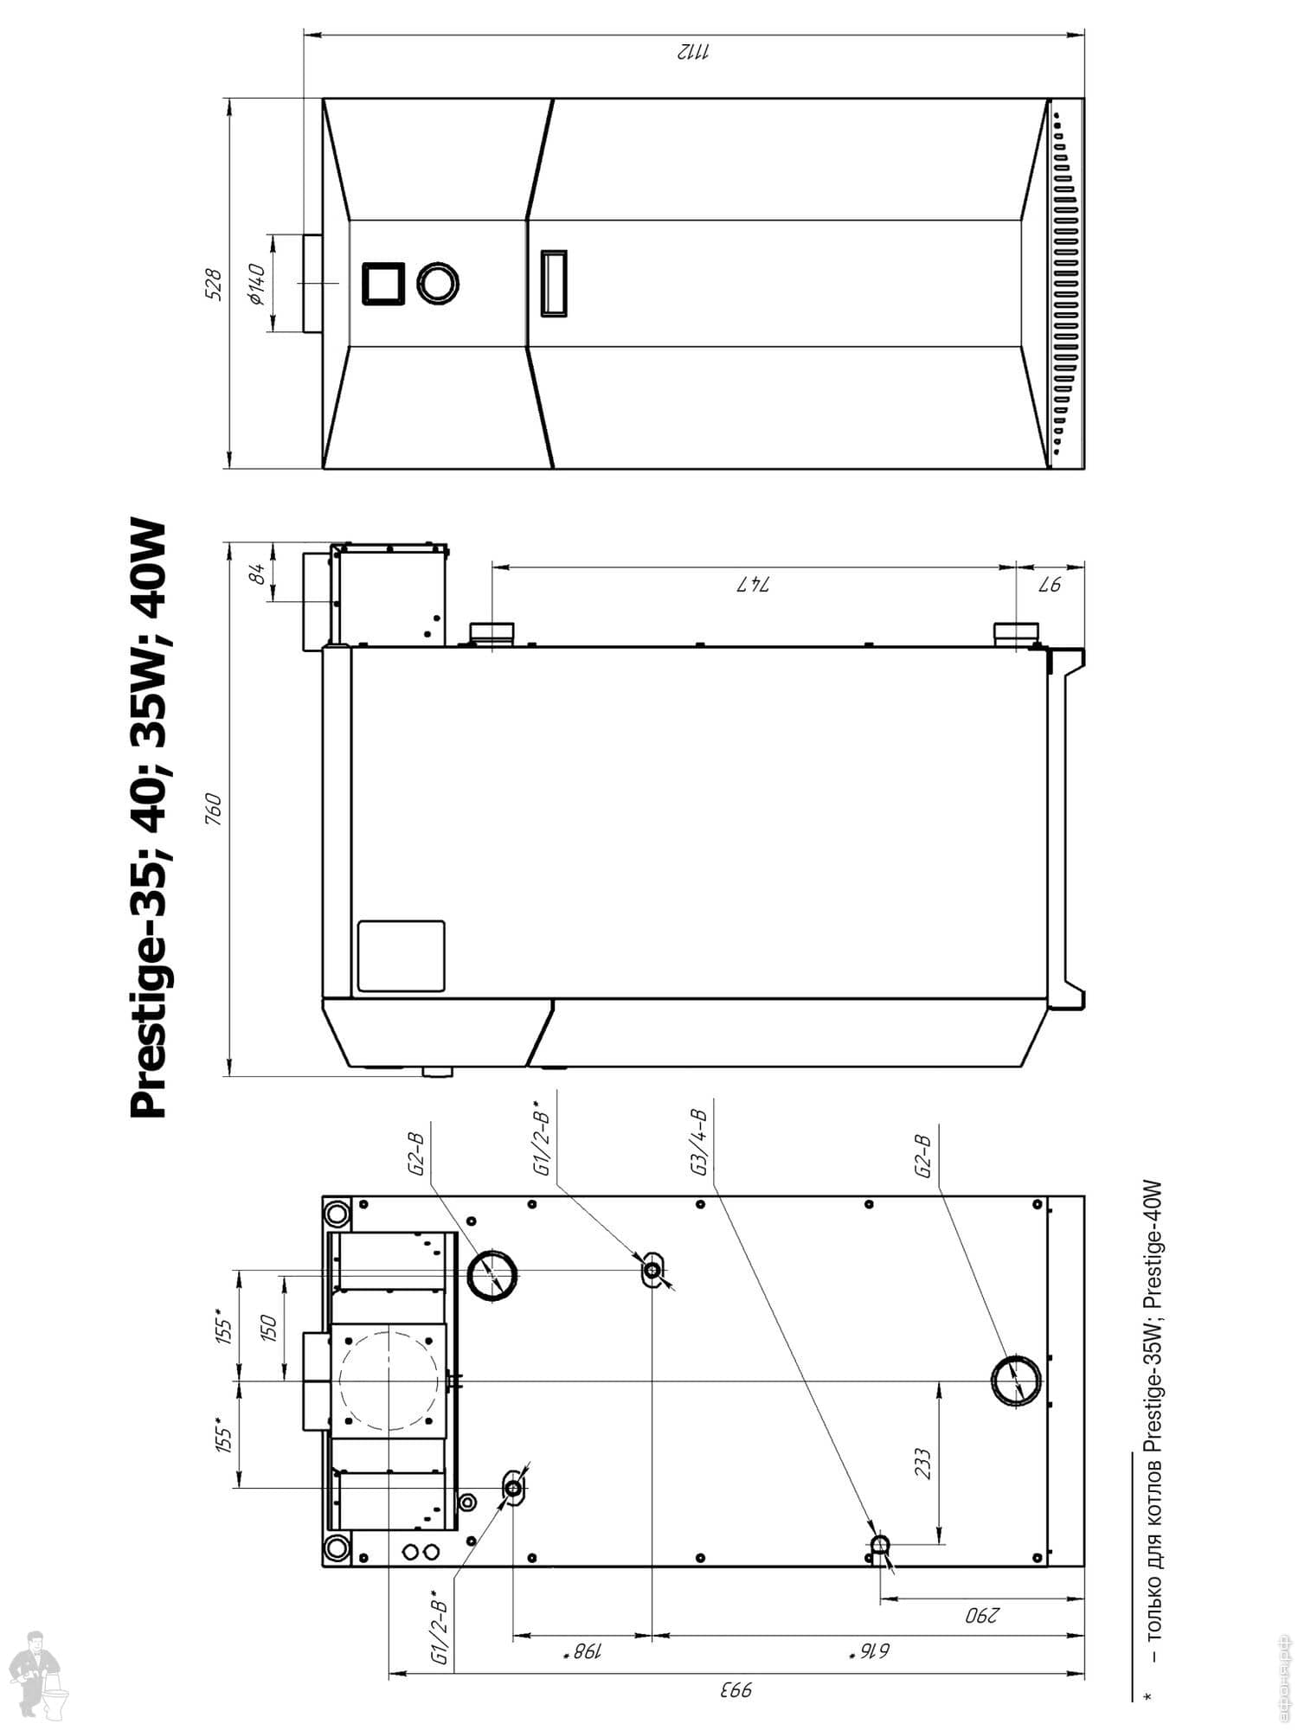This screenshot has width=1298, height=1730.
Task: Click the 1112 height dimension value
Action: point(692,51)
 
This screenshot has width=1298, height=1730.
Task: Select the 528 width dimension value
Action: point(213,285)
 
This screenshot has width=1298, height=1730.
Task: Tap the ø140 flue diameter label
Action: point(255,285)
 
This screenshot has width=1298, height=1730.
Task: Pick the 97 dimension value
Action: point(1049,585)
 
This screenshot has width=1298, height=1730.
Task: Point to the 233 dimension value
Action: point(922,1464)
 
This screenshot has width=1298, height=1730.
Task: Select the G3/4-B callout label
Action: point(699,1143)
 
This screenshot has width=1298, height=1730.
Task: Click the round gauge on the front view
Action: point(438,283)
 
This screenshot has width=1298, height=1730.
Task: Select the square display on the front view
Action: point(382,284)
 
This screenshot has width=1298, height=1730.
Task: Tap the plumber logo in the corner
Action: point(40,1673)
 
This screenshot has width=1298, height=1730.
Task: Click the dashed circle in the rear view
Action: point(389,1382)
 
